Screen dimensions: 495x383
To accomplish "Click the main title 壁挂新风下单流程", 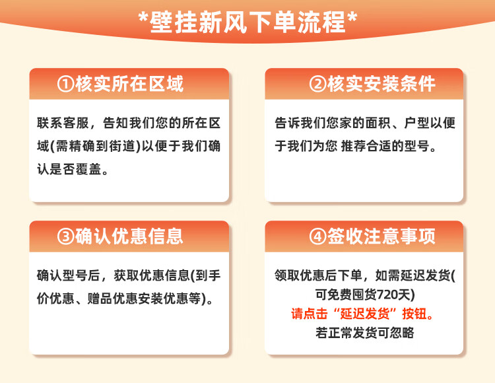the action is tap(247, 22).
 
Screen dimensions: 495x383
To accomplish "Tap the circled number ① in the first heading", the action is tap(65, 84).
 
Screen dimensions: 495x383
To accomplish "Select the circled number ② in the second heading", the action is tap(317, 84).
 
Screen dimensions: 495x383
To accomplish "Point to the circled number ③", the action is tap(65, 236).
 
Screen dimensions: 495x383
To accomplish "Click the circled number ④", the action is tap(317, 236).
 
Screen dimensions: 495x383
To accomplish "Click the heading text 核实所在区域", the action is tap(129, 84).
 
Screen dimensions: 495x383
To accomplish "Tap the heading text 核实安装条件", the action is tap(381, 84).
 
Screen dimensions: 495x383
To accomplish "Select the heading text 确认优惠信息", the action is tap(129, 236).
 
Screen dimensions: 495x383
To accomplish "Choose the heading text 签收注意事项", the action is tap(381, 236).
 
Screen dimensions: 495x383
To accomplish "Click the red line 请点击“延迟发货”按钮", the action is tap(362, 314).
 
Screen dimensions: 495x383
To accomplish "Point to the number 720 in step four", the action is tap(387, 295).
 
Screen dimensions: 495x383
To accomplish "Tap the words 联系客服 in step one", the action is tap(63, 123).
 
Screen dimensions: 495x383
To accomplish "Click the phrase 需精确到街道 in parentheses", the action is tap(96, 146).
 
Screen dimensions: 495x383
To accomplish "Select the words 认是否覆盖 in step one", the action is tap(69, 170).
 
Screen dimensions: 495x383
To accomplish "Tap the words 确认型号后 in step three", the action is tap(69, 275).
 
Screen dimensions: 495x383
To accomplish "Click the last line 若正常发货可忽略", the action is tap(364, 333).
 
